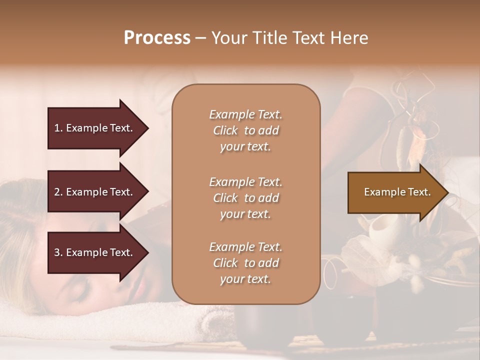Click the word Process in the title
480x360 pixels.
(x=157, y=38)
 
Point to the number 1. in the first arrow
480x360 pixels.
(x=58, y=128)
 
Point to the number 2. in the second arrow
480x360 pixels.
(x=58, y=192)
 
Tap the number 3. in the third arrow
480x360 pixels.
(x=58, y=252)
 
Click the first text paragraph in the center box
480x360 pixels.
(x=245, y=130)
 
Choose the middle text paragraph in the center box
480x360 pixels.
(x=245, y=198)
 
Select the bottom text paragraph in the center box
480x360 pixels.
(x=245, y=263)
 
